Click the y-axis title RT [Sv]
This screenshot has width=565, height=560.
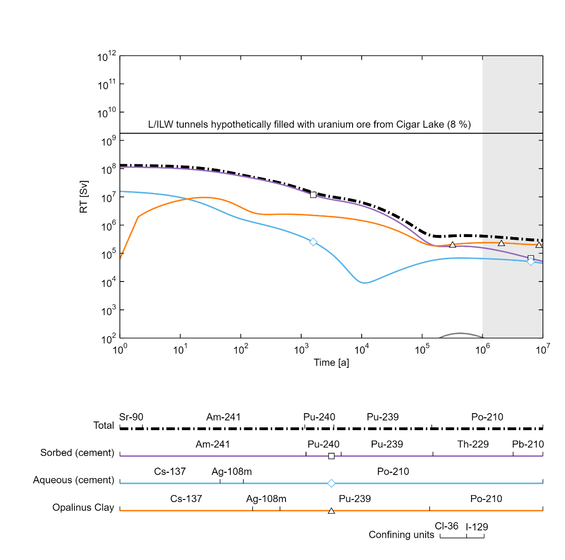[84, 197]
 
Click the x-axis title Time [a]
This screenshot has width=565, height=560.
[331, 363]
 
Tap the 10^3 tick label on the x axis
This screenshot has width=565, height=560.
[301, 350]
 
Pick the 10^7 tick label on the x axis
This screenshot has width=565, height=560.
[543, 350]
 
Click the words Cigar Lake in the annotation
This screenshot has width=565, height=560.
[420, 125]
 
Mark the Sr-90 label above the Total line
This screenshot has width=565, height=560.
[131, 417]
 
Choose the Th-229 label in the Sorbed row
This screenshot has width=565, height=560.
[473, 445]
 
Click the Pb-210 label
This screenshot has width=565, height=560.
[528, 445]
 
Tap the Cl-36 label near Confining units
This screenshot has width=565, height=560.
[447, 526]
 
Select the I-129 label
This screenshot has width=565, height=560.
[477, 527]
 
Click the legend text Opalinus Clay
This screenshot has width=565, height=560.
[83, 508]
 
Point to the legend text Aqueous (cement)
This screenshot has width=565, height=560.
[74, 480]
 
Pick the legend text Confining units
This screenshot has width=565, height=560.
[401, 535]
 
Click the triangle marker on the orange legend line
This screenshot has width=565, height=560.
[331, 511]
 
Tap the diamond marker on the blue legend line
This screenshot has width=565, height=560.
[331, 483]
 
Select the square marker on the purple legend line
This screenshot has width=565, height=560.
[331, 456]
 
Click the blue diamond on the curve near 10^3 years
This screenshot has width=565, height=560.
[313, 242]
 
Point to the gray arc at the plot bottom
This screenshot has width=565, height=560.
[461, 334]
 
